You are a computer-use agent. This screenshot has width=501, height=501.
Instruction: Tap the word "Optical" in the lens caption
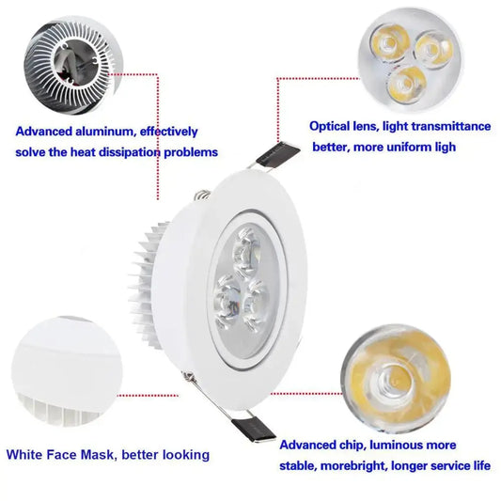coord(332,125)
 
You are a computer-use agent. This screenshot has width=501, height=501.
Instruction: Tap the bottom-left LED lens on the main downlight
coord(229,302)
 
